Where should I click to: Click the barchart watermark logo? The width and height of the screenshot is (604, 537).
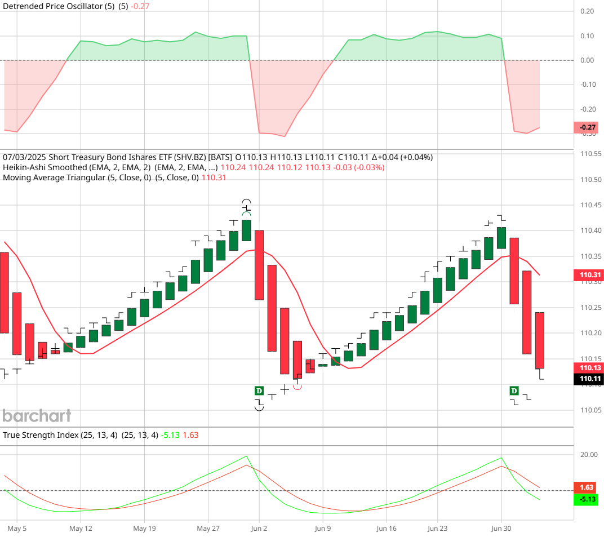(x=37, y=416)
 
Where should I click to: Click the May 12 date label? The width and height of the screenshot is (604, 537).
(x=81, y=529)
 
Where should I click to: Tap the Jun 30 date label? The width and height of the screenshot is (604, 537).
(x=500, y=529)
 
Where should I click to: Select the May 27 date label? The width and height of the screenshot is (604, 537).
(x=208, y=529)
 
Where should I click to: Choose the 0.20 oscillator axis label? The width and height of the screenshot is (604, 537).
(x=587, y=11)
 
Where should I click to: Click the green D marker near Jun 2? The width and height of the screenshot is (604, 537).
(x=259, y=390)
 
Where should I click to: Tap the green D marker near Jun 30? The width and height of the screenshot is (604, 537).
(x=514, y=390)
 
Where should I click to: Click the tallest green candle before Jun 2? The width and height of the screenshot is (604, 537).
(x=246, y=230)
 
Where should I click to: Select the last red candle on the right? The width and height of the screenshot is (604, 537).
(x=539, y=340)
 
